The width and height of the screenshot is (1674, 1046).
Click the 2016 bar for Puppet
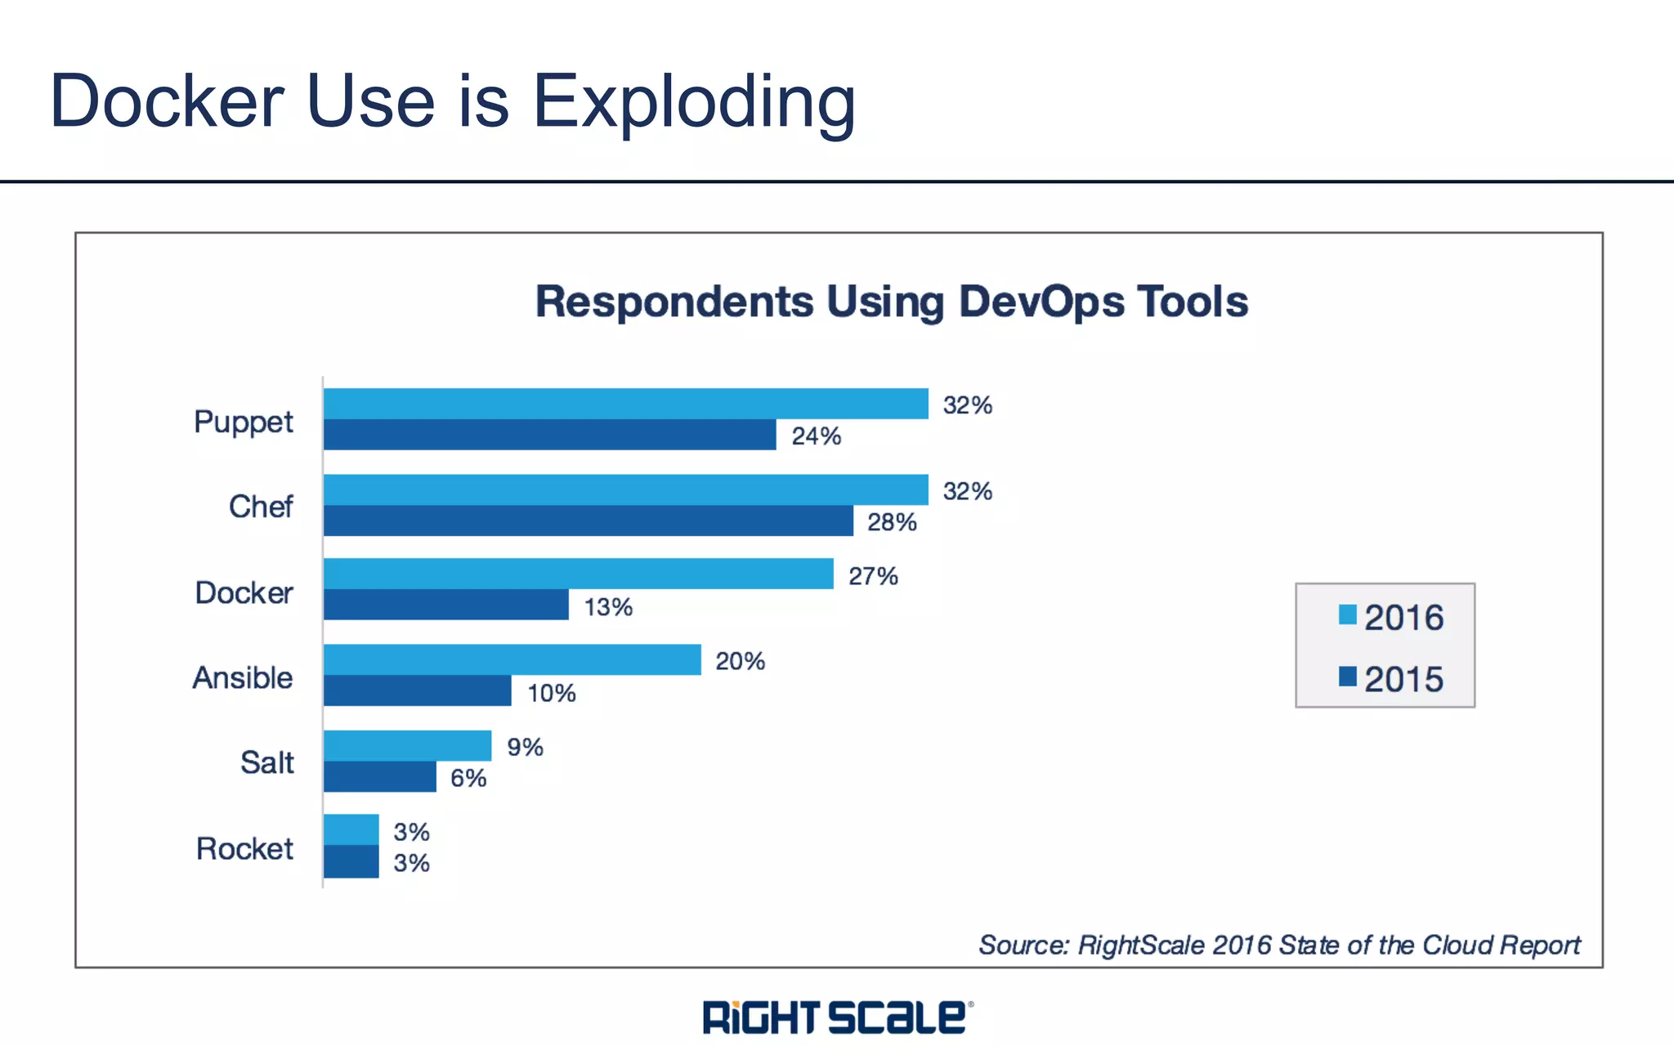625,404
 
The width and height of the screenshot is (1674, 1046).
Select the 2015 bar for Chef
589,521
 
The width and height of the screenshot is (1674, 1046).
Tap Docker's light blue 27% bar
578,574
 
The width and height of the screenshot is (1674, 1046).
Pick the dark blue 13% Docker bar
445,605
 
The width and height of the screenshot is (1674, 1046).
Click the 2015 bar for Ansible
417,691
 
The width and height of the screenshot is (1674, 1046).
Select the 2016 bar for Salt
407,745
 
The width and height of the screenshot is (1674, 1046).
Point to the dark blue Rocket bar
351,861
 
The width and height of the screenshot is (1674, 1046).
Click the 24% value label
816,436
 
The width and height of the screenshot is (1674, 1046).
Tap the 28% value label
892,522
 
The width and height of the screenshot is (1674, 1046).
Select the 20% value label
740,661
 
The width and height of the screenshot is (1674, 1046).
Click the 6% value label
468,778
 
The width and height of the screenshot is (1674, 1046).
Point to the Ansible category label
243,678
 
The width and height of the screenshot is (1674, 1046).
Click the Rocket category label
244,849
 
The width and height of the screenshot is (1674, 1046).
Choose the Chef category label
261,507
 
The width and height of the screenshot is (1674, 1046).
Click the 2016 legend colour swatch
1347,615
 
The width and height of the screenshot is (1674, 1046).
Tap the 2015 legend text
1403,680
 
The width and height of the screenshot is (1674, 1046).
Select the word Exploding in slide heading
694,103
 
